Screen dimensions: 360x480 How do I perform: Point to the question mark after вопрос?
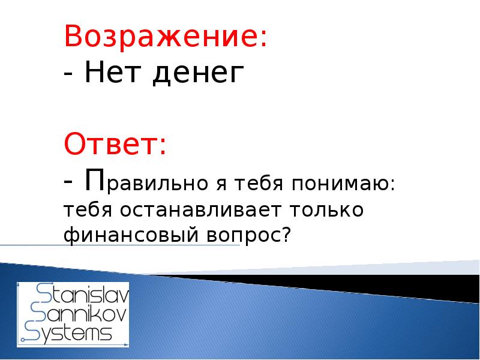pos(285,235)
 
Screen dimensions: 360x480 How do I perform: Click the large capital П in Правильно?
pos(95,178)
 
